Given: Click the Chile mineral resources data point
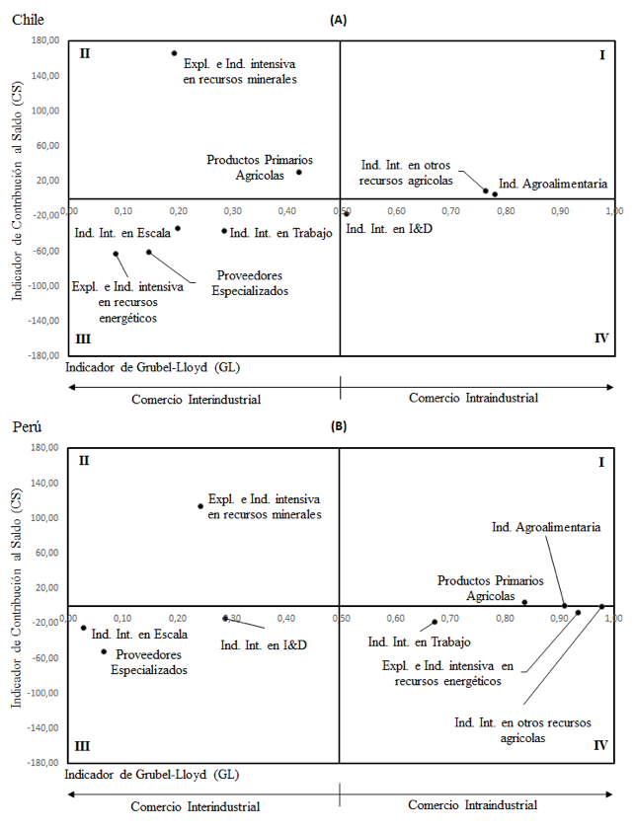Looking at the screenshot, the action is click(x=174, y=53).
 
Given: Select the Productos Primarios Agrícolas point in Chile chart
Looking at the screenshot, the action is click(x=299, y=172).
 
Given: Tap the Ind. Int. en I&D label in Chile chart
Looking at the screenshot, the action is click(x=389, y=229).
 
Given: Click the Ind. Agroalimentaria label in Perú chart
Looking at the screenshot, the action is click(x=546, y=527).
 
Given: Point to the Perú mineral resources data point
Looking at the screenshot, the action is click(x=200, y=506).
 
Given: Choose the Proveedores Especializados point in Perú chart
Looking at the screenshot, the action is click(x=104, y=652).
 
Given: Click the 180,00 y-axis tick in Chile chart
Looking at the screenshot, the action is click(x=46, y=40).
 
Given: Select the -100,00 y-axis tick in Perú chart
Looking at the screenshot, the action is click(x=44, y=693).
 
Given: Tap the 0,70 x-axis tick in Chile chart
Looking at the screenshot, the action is click(x=451, y=211).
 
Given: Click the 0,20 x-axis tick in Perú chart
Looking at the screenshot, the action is click(x=178, y=618).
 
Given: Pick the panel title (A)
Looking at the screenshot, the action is click(x=338, y=20).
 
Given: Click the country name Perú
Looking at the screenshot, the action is click(x=27, y=426).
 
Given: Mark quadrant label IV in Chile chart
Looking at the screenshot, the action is click(x=601, y=338).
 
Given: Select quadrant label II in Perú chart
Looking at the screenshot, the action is click(x=84, y=461).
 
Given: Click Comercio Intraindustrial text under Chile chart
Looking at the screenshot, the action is click(x=473, y=398).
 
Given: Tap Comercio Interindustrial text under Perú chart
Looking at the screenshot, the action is click(x=196, y=807).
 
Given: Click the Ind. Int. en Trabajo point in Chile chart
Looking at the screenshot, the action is click(x=224, y=231).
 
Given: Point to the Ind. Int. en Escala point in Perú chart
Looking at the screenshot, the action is click(x=83, y=628).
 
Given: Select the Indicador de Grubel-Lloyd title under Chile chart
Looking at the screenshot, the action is click(x=152, y=367).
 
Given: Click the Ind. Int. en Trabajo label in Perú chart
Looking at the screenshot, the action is click(x=419, y=642).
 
